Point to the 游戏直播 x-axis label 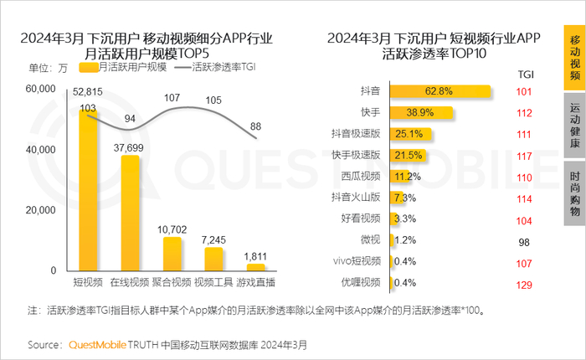coord(255,283)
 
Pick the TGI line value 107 coord(172,98)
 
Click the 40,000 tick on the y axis coord(41,149)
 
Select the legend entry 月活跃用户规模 coord(131,67)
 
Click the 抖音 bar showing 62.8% coord(439,91)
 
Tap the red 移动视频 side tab coord(575,59)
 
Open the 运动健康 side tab coord(575,126)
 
